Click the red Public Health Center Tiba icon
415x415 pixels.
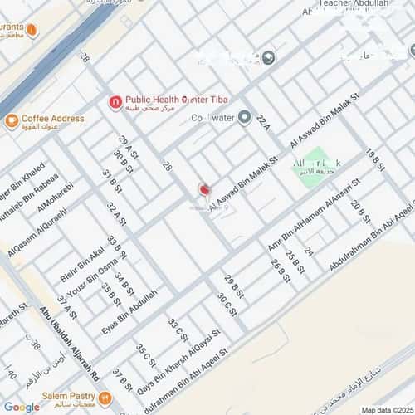(115, 102)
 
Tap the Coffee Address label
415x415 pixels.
(52, 119)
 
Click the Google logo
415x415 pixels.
(22, 407)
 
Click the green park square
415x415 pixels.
(309, 170)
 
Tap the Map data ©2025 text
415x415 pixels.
(386, 409)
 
